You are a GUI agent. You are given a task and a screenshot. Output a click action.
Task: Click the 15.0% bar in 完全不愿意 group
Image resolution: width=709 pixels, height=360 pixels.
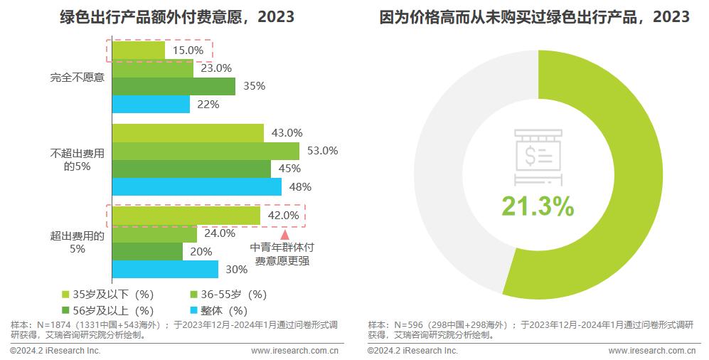click(139, 51)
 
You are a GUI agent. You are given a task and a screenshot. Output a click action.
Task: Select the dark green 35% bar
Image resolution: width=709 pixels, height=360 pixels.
click(174, 86)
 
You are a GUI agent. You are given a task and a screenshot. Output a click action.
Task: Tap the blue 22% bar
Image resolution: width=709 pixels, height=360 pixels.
click(151, 105)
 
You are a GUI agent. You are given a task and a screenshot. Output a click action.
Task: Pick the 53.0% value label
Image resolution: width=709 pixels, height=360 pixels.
click(321, 151)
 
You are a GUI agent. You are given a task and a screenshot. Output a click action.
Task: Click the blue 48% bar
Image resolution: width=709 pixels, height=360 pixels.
click(196, 187)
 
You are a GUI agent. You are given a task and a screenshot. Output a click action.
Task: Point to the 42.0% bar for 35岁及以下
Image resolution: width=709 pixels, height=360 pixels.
click(186, 215)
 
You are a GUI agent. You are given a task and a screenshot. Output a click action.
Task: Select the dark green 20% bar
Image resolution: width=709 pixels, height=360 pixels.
click(147, 251)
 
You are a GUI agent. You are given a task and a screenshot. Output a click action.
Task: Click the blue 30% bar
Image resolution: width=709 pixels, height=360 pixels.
click(165, 270)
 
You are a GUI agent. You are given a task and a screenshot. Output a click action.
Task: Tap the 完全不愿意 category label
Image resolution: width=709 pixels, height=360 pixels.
click(78, 78)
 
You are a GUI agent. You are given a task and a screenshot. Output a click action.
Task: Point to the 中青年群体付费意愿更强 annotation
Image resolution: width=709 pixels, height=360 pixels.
click(282, 254)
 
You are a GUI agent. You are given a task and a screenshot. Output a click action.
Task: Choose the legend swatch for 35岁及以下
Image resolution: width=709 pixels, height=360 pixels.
click(65, 295)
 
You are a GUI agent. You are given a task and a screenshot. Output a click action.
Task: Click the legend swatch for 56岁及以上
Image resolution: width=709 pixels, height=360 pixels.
click(65, 310)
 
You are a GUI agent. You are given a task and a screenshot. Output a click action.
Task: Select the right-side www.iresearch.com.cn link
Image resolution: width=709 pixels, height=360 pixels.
click(652, 351)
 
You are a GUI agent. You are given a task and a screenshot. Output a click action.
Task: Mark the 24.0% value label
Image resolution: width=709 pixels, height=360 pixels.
click(219, 233)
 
